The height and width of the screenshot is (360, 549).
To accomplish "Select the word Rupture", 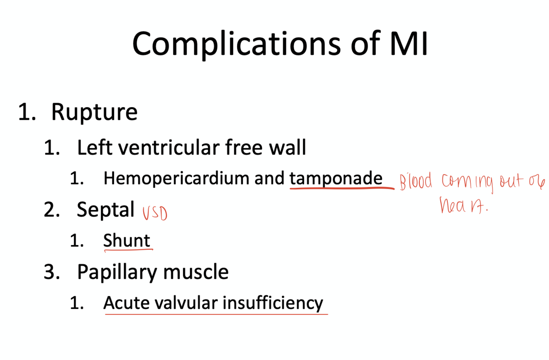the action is tap(94, 112).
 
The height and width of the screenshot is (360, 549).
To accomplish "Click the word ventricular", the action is tap(181, 147).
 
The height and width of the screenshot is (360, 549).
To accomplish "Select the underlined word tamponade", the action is tap(336, 179).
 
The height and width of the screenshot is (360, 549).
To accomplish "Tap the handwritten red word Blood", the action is tap(416, 182).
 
